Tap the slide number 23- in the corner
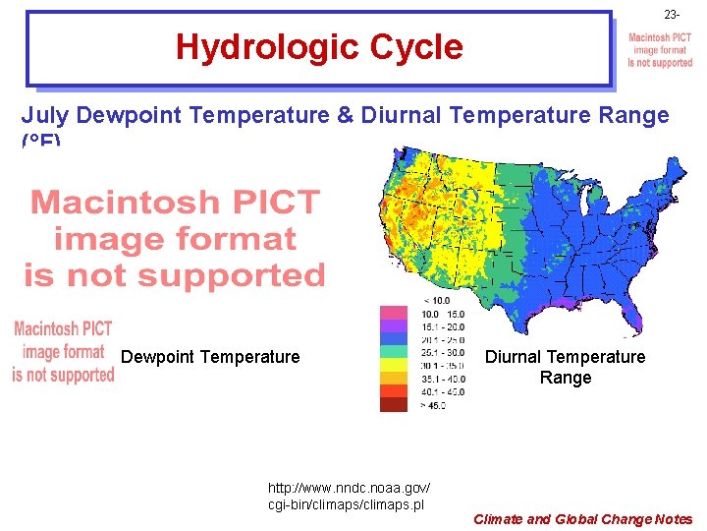[671, 15]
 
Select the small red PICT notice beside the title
[660, 50]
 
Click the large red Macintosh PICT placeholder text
[175, 239]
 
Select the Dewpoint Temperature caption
[210, 357]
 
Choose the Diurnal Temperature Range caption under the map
[565, 367]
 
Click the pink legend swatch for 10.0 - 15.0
[394, 313]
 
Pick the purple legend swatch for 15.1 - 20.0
[394, 325]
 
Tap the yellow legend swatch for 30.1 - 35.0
[394, 364]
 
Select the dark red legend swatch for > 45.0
[394, 403]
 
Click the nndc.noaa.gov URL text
[349, 496]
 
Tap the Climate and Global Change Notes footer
[582, 519]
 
